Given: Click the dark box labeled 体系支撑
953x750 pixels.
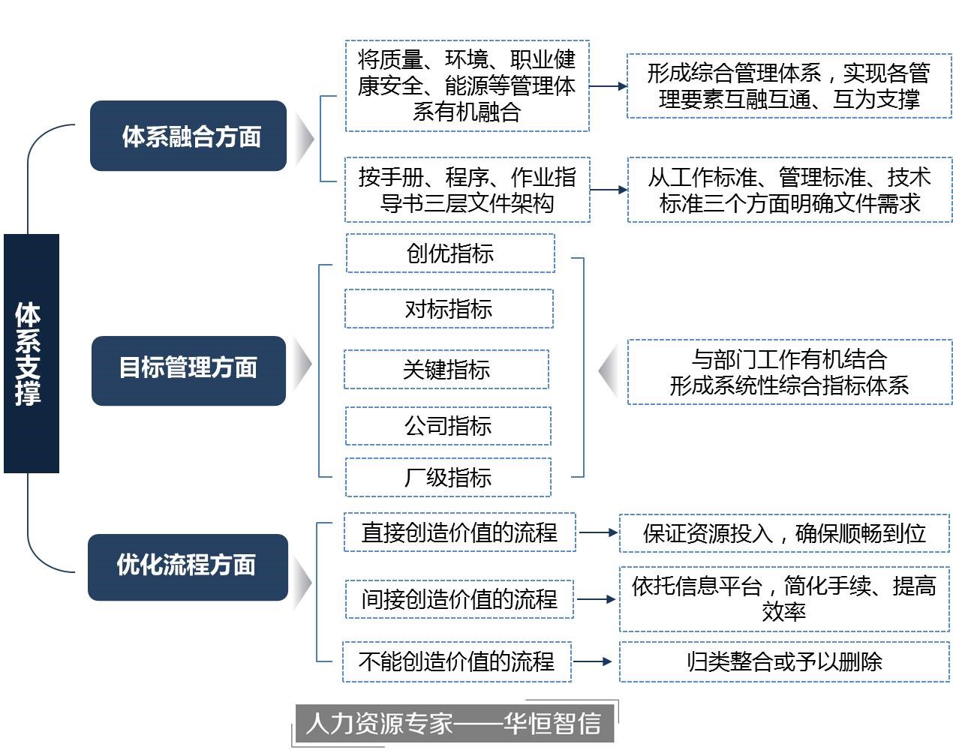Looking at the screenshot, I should click(31, 353).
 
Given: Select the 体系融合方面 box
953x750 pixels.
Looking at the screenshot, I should click(188, 136).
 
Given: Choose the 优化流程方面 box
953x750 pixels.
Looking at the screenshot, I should click(188, 567).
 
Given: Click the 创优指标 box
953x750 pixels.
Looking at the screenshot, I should click(450, 253).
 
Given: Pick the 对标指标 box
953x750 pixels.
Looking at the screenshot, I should click(449, 309).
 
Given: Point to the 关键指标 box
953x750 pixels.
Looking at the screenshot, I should click(446, 370).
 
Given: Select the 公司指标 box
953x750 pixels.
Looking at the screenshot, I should click(448, 426).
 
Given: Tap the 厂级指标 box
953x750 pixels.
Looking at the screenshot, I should click(448, 477).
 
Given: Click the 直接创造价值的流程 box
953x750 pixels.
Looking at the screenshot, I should click(459, 532).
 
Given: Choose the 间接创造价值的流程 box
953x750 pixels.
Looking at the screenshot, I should click(459, 599).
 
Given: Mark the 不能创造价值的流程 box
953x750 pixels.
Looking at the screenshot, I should click(456, 661).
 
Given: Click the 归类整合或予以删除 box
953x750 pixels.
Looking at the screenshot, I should click(784, 661).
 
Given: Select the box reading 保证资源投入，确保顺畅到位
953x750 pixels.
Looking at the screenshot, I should click(784, 533).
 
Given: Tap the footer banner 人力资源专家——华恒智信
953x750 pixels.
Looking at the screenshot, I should click(454, 724).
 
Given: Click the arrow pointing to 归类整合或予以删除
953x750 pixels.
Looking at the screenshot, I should click(594, 661).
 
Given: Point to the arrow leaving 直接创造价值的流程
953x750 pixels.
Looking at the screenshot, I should click(598, 532).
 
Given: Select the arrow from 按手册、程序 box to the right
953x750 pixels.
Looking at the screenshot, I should click(609, 190).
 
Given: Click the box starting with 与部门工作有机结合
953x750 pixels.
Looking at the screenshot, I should click(789, 373).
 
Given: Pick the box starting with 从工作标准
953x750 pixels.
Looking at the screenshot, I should click(789, 190).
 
